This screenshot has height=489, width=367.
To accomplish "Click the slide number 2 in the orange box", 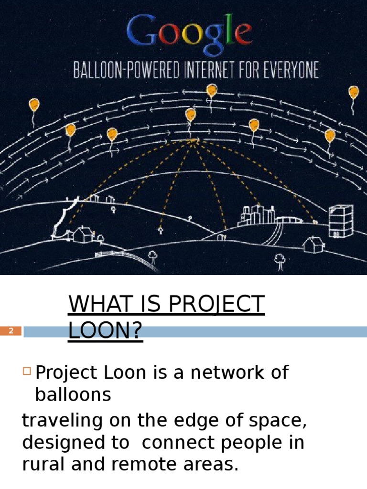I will tap(11, 331).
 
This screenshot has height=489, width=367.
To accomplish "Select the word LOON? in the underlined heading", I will tap(105, 331).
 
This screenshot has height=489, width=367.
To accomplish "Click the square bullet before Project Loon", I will tap(27, 371).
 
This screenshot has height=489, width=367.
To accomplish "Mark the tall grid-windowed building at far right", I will tap(341, 222).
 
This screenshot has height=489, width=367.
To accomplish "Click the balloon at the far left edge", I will tap(34, 105).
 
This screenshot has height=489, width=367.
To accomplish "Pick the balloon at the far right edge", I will tap(354, 92).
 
